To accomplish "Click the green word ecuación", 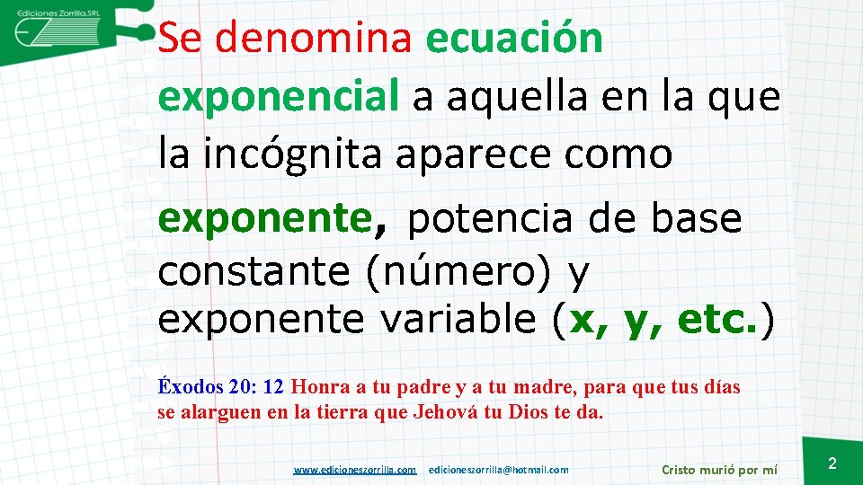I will pos(514,39).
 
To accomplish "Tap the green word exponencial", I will pos(278,96).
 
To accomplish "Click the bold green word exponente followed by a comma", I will pos(271,218).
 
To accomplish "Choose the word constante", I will pos(254,271).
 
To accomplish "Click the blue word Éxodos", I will pos(191,387).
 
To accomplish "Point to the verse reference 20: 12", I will pos(257,387).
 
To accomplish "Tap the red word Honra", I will pos(321,387).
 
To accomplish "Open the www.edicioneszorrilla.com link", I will pos(355,469).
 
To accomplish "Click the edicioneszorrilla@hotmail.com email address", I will pos(499,469).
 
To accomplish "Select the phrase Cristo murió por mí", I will pos(719,469).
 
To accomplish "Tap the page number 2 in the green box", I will pos(832,463).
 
